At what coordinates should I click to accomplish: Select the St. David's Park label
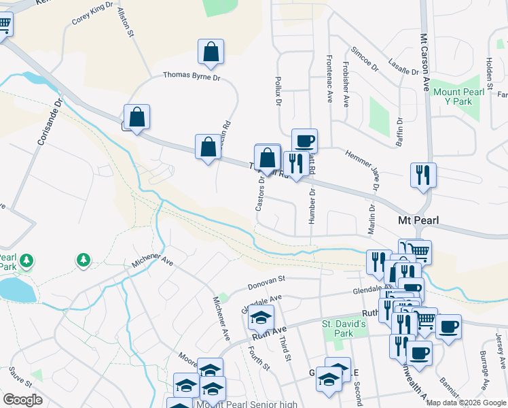(344, 329)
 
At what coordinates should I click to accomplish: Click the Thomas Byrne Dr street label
(192, 78)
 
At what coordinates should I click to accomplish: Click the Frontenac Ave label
(329, 78)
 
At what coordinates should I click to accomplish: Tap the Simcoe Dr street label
(365, 59)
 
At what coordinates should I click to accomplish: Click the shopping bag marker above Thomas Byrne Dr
(211, 52)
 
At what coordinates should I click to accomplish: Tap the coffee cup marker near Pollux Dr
(304, 141)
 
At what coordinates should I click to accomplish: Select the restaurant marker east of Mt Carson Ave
(423, 175)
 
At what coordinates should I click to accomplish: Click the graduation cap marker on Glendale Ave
(261, 317)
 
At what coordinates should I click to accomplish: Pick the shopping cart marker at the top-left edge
(3, 25)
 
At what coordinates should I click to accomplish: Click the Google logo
(22, 399)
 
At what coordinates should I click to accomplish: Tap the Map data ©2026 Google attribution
(465, 403)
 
